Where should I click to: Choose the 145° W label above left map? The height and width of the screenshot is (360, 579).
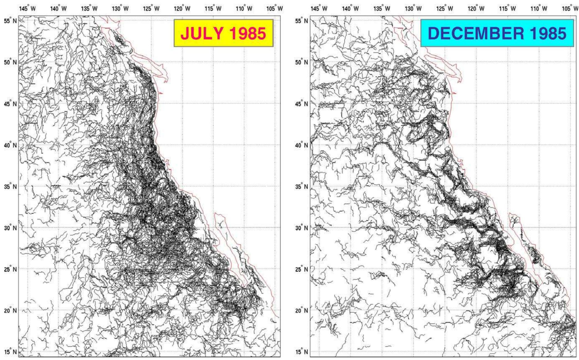27,9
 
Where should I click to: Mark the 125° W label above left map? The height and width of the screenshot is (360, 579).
151,9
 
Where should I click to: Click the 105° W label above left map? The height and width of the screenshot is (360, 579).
275,9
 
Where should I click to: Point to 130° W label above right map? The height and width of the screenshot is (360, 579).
413,9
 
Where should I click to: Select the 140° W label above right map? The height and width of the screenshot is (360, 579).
351,9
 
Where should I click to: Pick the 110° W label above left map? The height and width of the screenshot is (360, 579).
244,9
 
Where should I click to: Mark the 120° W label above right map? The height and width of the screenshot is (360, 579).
476,9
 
